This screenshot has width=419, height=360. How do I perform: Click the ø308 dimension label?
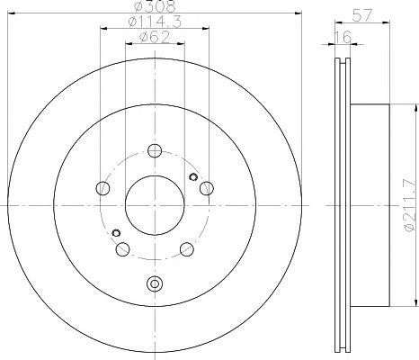pos(155,6)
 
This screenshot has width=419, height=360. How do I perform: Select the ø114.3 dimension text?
pos(155,22)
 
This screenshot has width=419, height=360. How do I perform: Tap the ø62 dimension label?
pos(155,38)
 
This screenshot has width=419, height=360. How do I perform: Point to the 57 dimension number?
pos(362,15)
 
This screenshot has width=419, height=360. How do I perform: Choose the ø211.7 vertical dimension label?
pos(410,205)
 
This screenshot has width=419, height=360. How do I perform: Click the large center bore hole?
pos(155,205)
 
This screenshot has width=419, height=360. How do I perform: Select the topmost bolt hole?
pos(155,150)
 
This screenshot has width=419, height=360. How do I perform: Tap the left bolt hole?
pos(103,188)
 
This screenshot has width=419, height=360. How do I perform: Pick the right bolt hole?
pos(207,188)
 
